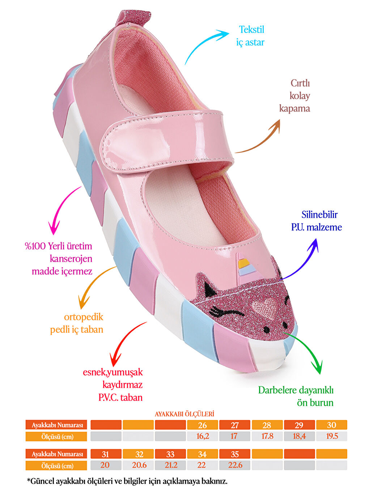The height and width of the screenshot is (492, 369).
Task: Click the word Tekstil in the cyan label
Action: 251,30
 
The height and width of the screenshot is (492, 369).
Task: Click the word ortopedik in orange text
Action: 84,317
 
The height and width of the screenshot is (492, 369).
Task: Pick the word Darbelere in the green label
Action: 277,390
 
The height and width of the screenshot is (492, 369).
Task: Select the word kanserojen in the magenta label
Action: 71,259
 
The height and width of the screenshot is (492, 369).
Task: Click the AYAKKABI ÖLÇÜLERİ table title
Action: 184,414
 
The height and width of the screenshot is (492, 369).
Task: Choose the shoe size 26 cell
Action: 203,425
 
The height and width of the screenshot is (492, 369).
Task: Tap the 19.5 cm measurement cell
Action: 332,436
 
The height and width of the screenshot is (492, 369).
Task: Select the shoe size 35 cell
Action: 235,454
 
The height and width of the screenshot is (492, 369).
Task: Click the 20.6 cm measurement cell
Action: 139,465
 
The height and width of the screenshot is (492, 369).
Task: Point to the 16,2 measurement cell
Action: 203,436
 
